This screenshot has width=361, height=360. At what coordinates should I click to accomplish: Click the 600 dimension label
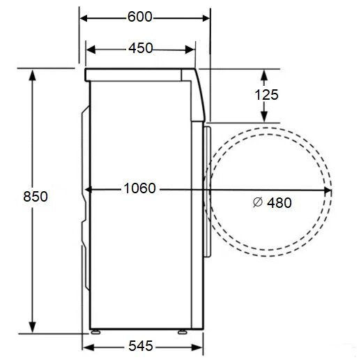(140, 17)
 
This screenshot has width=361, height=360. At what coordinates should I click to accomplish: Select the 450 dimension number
(141, 48)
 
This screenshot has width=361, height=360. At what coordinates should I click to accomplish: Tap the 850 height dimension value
(36, 197)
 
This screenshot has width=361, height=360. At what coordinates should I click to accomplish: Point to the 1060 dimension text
(139, 188)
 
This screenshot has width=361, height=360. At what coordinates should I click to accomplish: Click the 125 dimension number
(266, 95)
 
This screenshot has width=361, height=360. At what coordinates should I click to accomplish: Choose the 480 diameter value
(279, 203)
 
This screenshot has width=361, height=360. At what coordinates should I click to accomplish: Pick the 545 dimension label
(141, 346)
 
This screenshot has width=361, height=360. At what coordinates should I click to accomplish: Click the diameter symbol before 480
(258, 202)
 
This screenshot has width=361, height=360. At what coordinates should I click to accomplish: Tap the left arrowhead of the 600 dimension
(84, 18)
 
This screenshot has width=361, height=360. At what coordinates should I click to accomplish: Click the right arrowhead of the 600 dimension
(206, 18)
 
